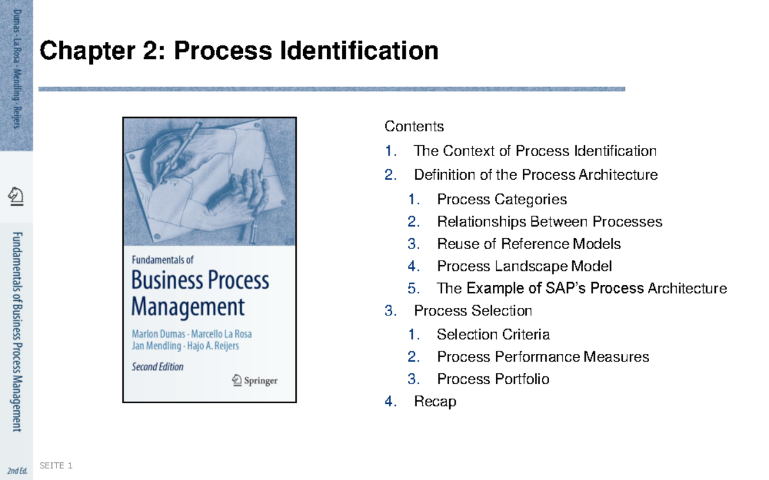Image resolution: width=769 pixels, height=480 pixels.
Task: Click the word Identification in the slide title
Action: click(x=359, y=51)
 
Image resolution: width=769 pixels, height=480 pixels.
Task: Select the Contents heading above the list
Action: click(x=414, y=127)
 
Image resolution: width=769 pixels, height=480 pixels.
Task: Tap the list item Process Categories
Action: click(x=502, y=200)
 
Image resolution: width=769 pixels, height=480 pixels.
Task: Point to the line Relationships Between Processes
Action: click(x=549, y=222)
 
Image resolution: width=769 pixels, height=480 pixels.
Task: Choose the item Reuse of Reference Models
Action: click(x=529, y=244)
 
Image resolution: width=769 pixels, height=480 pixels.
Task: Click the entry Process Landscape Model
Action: click(x=524, y=266)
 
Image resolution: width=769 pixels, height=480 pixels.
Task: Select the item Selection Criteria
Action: click(x=493, y=335)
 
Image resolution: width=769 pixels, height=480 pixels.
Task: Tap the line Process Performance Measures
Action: click(x=543, y=357)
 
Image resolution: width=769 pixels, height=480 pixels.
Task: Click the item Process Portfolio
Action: click(x=493, y=380)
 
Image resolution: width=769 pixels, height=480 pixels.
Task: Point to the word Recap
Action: click(x=435, y=402)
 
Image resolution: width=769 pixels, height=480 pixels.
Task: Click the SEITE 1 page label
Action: click(x=56, y=466)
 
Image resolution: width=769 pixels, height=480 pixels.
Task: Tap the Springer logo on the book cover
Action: click(x=254, y=380)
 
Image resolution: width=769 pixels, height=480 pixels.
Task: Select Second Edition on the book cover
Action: click(x=158, y=367)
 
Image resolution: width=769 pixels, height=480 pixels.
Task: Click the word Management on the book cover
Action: click(x=188, y=307)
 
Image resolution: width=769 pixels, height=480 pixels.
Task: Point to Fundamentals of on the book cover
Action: click(x=162, y=260)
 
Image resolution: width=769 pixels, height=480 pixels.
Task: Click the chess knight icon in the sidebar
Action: click(x=16, y=195)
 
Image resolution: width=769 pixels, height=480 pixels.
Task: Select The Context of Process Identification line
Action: click(x=535, y=152)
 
